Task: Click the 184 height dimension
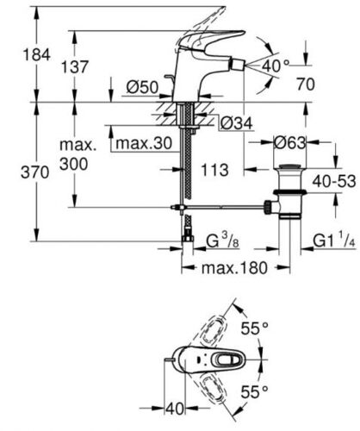[36, 54]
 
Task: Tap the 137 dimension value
[75, 67]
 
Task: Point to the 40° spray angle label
[276, 66]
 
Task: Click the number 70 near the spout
[306, 84]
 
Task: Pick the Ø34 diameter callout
[237, 123]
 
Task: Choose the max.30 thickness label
[144, 143]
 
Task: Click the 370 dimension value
[35, 172]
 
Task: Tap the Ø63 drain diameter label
[290, 143]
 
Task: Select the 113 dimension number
[214, 170]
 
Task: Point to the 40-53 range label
[334, 181]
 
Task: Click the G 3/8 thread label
[223, 240]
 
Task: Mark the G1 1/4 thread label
[334, 240]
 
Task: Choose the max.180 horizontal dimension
[234, 268]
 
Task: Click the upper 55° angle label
[255, 328]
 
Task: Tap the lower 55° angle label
[255, 391]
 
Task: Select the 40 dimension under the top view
[175, 409]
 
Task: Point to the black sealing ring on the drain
[290, 192]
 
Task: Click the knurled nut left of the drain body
[267, 207]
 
